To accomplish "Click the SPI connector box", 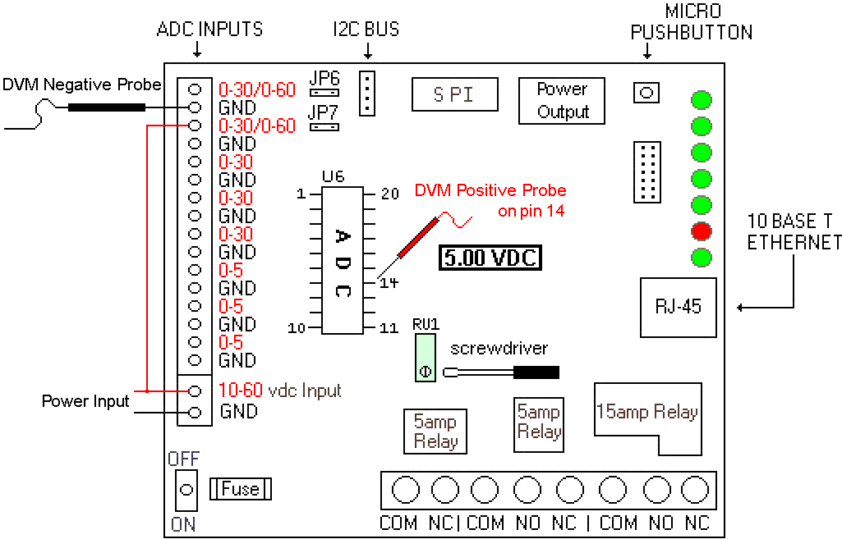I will tap(454, 94).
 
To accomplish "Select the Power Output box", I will tap(563, 100).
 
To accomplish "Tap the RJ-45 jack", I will tap(678, 307).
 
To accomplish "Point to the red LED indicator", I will tap(702, 231).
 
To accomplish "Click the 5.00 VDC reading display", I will tap(490, 258).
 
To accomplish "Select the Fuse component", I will tap(241, 489).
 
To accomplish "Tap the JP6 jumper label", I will tap(325, 78).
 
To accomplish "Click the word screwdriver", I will tap(499, 349).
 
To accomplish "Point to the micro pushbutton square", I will tap(646, 92).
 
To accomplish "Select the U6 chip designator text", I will tap(333, 176).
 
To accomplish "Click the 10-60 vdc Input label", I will tap(279, 391).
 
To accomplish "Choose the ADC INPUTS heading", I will tap(209, 30).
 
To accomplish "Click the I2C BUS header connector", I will tap(367, 92).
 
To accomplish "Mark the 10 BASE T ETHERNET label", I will tap(794, 232).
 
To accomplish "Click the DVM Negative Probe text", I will tap(81, 85).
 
